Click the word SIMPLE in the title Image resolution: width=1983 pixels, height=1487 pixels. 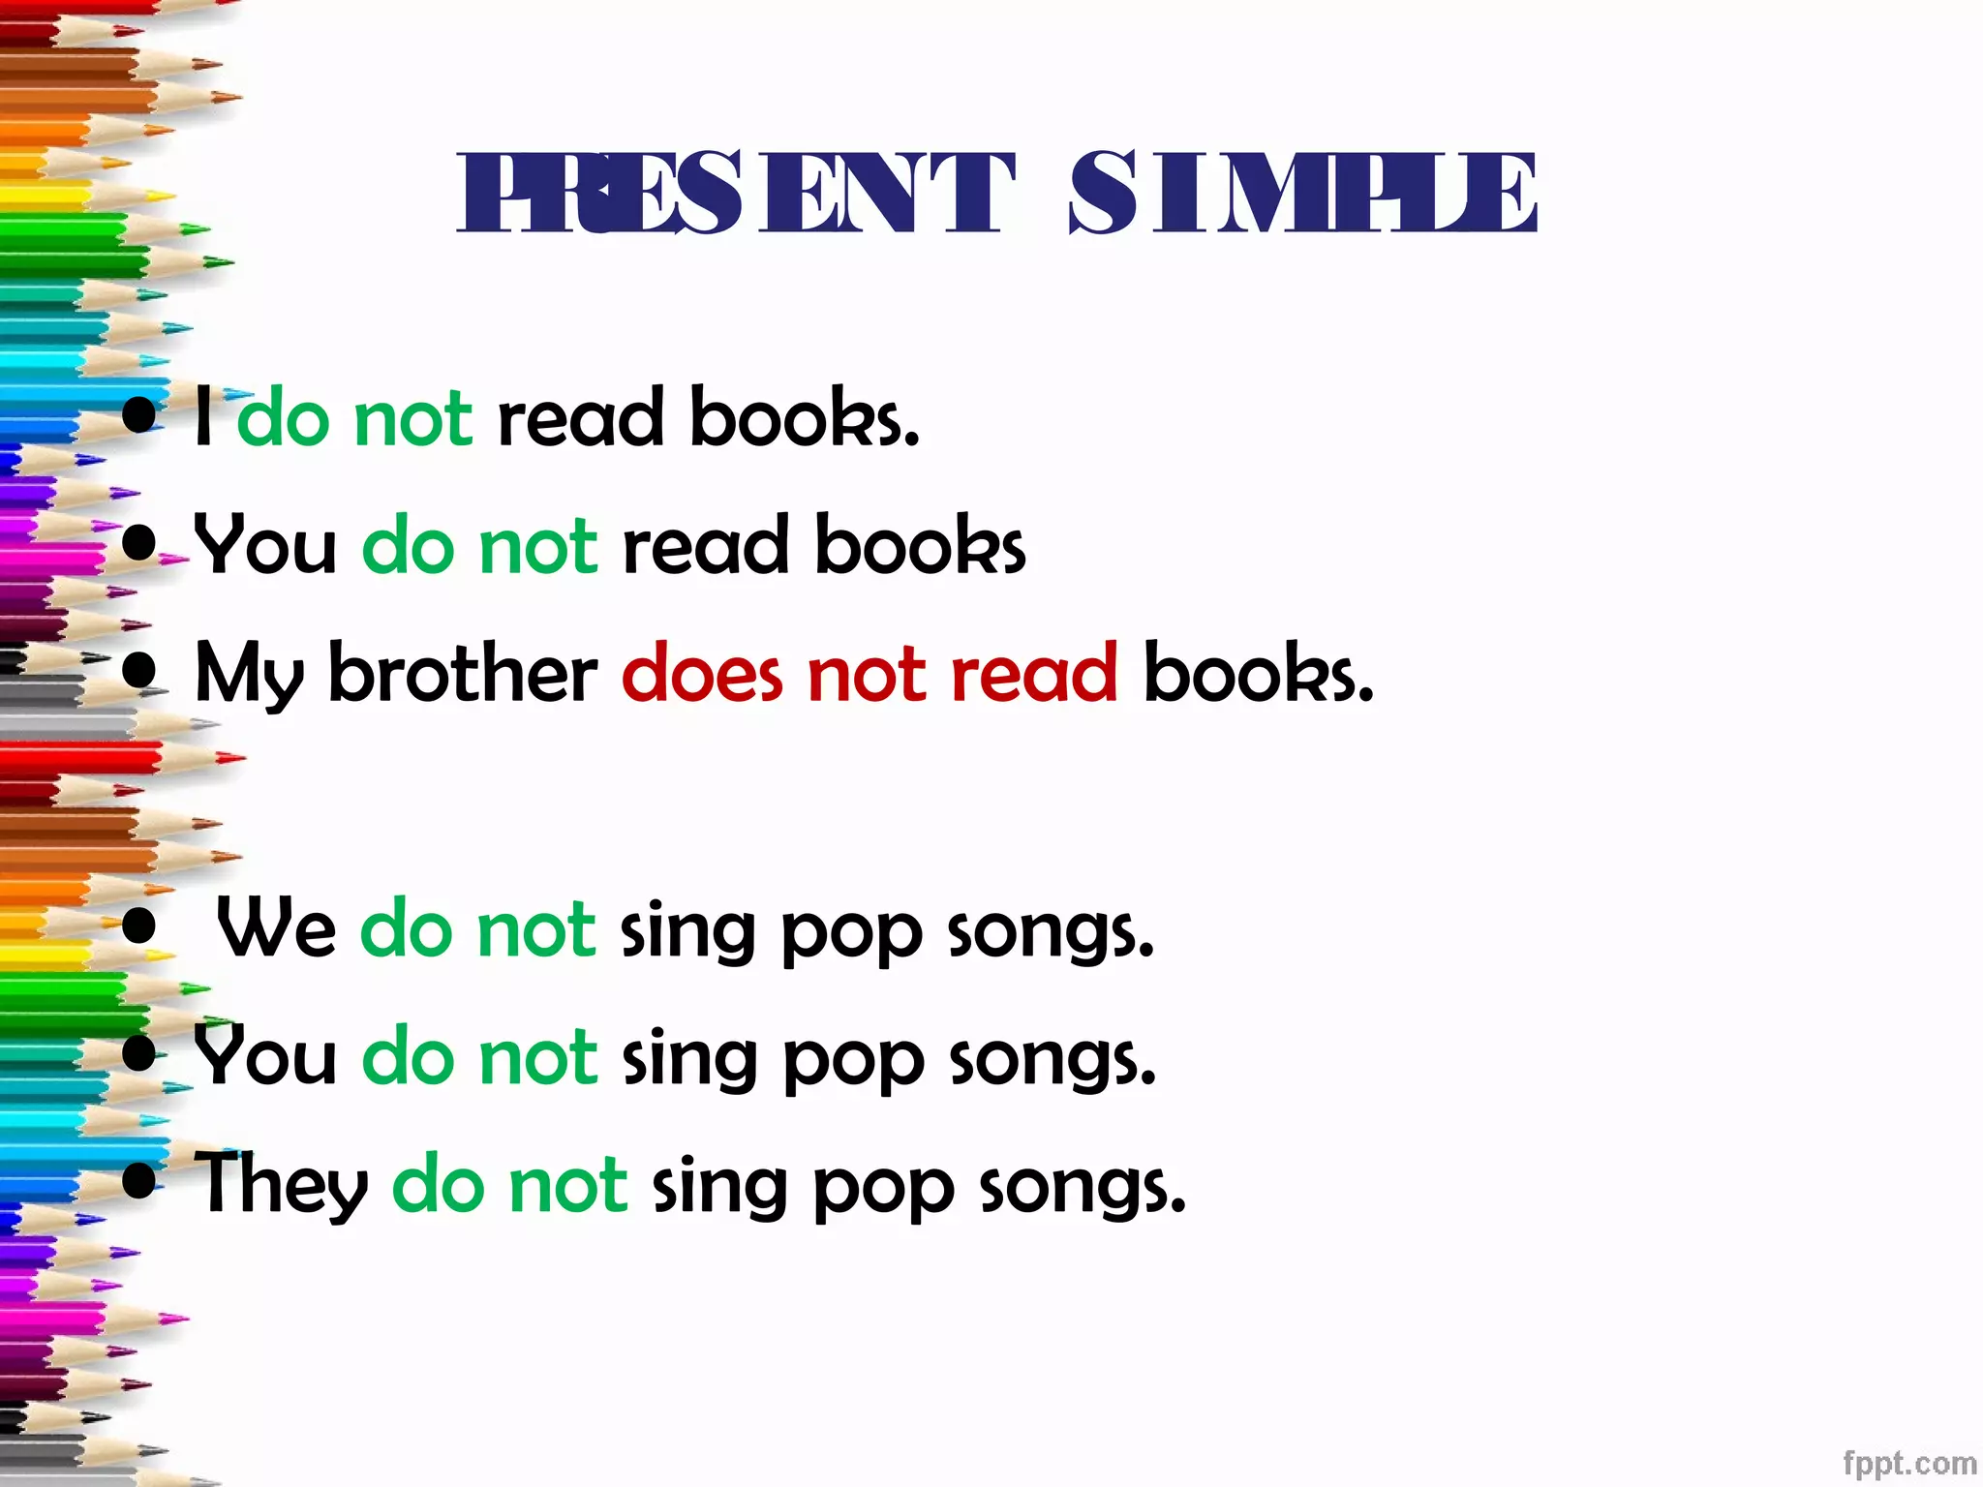(1302, 193)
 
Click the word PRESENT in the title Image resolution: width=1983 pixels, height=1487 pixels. (736, 193)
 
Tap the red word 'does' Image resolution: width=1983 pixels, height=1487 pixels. (702, 673)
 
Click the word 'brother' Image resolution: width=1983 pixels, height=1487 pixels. (463, 673)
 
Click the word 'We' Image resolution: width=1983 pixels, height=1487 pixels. (276, 927)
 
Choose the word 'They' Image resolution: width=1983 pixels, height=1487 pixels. (281, 1186)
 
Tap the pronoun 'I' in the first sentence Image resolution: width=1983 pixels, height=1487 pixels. (203, 417)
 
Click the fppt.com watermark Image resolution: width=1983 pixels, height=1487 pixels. (1908, 1463)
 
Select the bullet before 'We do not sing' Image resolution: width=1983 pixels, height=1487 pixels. (140, 926)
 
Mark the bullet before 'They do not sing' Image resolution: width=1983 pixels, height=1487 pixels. (140, 1181)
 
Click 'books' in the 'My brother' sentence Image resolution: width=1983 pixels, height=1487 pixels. (1257, 673)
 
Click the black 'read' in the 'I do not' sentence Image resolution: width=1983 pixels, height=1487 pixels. (580, 419)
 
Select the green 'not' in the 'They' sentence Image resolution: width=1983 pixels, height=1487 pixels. (568, 1185)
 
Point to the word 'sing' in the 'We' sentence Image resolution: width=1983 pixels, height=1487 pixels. (686, 931)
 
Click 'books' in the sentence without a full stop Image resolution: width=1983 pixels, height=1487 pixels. (920, 545)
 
